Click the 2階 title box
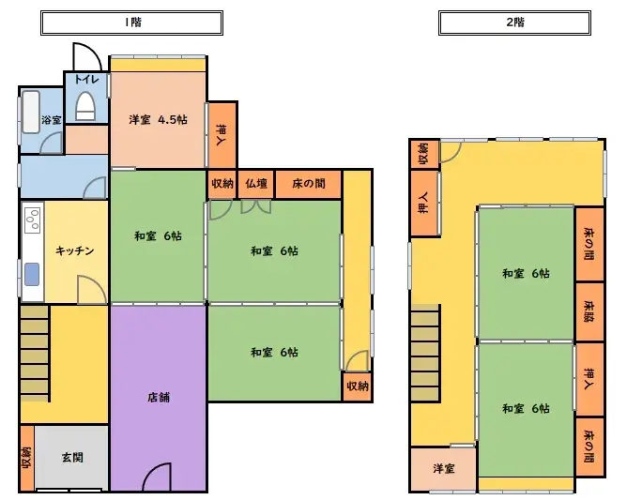click(x=514, y=21)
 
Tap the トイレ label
click(x=85, y=81)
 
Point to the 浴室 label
click(x=52, y=120)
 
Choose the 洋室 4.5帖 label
click(x=158, y=120)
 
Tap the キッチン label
click(x=74, y=250)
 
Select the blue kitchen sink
click(x=32, y=275)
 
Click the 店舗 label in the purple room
click(x=158, y=397)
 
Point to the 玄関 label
click(x=72, y=458)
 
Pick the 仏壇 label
click(x=256, y=184)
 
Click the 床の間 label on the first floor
click(x=308, y=184)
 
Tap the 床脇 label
click(x=589, y=311)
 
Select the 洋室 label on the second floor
click(x=443, y=468)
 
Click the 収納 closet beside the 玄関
click(x=26, y=458)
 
